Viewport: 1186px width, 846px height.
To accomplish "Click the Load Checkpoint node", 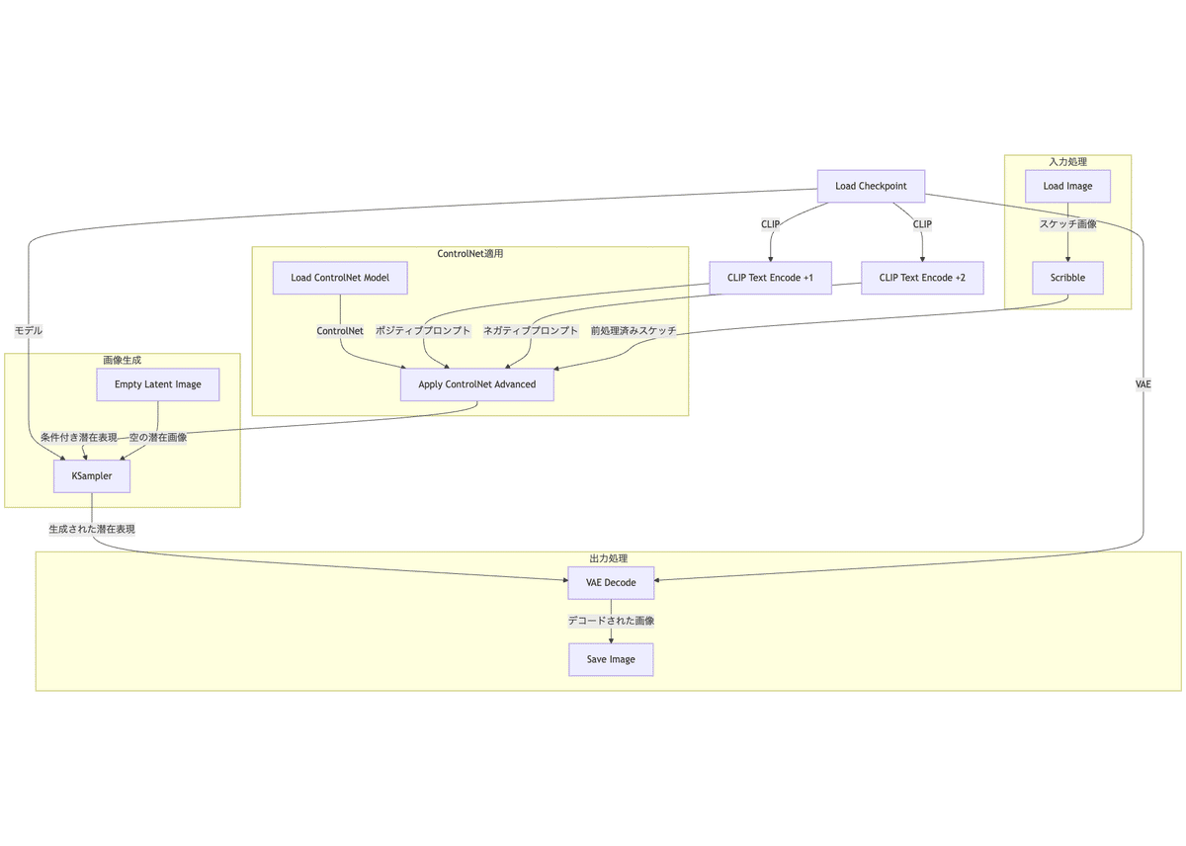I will click(871, 186).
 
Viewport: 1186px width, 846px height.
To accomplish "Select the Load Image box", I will click(1067, 186).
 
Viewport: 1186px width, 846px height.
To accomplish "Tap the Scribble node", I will click(1067, 278).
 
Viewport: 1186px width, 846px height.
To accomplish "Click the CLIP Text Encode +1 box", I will click(770, 278).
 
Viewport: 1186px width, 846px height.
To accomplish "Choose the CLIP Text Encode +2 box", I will click(922, 278).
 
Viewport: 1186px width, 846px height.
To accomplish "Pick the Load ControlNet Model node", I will click(340, 278).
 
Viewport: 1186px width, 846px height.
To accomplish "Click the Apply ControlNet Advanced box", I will click(477, 384).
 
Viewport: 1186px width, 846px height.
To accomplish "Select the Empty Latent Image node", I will click(158, 384).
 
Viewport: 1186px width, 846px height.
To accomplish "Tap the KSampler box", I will click(92, 475).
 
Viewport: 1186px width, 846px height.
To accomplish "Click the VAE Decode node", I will click(611, 582).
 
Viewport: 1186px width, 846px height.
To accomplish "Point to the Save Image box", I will click(611, 659).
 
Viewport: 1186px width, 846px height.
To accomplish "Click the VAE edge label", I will click(1144, 383).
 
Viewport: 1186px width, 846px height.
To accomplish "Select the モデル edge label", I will click(29, 331).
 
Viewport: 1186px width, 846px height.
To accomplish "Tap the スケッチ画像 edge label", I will click(1067, 224).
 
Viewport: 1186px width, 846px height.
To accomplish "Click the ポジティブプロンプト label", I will click(423, 331).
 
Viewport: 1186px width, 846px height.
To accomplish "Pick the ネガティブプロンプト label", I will click(531, 331).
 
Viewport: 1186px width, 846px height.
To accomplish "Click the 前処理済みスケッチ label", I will click(634, 331).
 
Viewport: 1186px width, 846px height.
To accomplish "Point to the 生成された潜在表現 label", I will click(92, 529).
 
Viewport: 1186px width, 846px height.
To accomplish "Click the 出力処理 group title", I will click(609, 559).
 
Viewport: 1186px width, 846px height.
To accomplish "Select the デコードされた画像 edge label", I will click(611, 621).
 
